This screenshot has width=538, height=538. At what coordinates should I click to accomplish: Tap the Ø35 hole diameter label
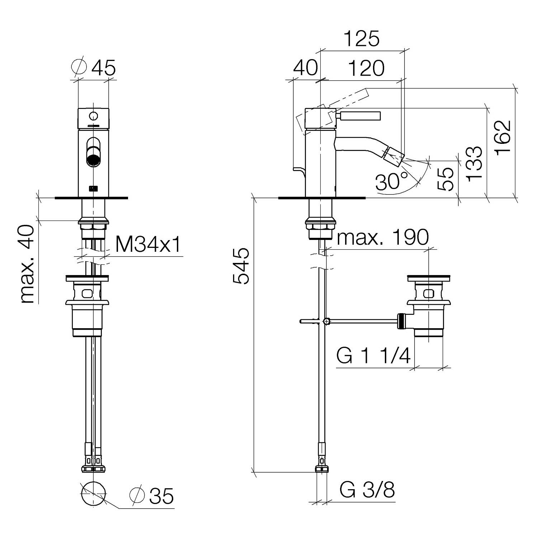(151, 496)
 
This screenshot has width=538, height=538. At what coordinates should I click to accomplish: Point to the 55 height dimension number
(446, 179)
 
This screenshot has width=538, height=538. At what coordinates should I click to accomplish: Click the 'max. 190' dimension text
(383, 237)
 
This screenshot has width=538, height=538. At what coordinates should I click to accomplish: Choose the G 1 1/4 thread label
(373, 356)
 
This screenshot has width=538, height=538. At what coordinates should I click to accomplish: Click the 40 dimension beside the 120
(306, 67)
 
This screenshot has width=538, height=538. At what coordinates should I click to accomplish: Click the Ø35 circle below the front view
(94, 494)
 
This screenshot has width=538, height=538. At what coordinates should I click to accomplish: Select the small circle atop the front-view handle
(94, 116)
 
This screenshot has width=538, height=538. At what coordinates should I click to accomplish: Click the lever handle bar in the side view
(359, 116)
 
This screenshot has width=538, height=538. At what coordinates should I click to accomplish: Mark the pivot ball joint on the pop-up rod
(326, 321)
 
